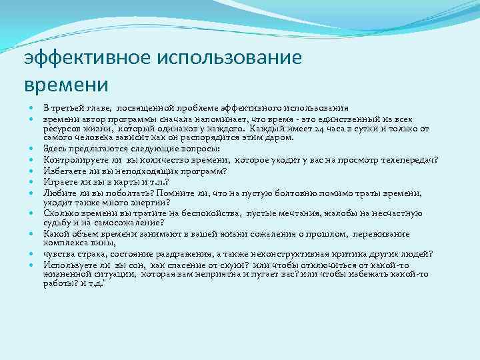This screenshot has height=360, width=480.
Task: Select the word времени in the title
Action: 65,85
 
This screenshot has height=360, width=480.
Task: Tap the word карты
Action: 117,181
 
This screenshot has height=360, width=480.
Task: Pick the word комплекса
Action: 63,244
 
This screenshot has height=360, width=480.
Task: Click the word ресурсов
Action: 63,127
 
